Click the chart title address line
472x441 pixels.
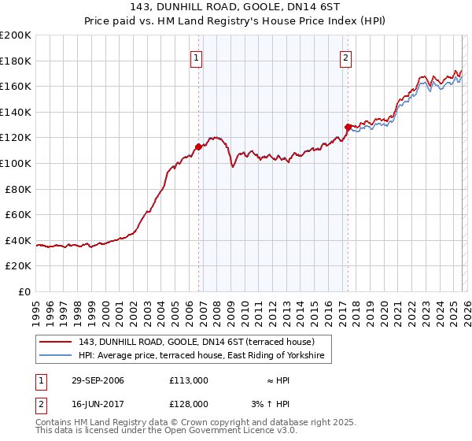pos(235,7)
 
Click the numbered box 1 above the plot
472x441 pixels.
pos(195,57)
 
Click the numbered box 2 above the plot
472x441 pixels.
pos(345,57)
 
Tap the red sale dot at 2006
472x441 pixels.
pos(198,146)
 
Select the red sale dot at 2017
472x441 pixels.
pos(348,127)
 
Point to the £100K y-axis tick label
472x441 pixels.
pos(16,163)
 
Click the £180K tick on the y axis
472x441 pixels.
pos(16,61)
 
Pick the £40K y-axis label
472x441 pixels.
pos(18,240)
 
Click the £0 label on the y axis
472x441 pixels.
pos(25,291)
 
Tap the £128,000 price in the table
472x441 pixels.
pos(188,403)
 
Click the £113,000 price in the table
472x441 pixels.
pos(188,380)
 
